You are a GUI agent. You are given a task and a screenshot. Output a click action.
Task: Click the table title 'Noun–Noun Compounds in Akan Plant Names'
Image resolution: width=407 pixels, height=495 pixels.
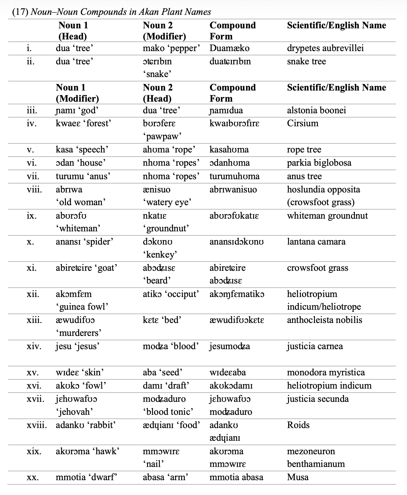click(x=121, y=12)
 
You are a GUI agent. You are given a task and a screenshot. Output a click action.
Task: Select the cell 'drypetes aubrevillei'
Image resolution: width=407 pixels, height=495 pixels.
click(x=325, y=48)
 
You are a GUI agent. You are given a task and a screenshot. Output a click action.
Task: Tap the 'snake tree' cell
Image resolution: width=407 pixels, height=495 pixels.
click(x=306, y=61)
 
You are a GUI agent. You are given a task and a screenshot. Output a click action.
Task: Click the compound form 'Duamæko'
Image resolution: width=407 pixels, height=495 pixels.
click(x=229, y=48)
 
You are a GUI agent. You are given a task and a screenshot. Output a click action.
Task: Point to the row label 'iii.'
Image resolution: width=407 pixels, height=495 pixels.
click(x=32, y=110)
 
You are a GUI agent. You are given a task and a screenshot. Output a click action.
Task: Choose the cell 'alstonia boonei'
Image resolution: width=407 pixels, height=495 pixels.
click(x=316, y=110)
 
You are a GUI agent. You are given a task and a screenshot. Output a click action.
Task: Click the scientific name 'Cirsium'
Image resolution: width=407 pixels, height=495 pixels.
click(x=303, y=123)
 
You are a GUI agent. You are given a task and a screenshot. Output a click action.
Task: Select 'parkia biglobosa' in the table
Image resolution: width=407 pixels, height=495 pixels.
click(x=319, y=163)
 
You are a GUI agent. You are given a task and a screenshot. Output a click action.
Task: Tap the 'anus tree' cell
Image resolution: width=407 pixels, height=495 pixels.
click(x=304, y=176)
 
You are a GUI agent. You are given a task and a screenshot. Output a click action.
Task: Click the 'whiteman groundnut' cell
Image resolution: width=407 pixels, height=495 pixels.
click(x=327, y=216)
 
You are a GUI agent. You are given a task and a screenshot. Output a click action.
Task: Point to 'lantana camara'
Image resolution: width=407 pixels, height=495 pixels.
click(x=316, y=242)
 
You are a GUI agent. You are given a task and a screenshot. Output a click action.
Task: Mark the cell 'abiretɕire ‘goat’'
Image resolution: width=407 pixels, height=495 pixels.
click(x=87, y=268)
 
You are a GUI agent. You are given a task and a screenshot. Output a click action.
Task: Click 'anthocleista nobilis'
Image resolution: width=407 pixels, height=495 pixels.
click(x=324, y=320)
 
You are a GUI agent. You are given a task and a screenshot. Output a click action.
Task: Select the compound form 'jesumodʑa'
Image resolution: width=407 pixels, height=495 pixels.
click(x=230, y=346)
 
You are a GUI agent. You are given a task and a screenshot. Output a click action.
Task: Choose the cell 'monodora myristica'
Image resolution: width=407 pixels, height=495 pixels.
click(x=326, y=372)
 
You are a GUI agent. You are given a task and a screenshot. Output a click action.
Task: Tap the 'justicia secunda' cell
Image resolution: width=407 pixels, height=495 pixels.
click(x=318, y=399)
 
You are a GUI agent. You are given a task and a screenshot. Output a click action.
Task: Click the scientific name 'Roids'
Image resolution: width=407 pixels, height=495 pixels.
click(x=298, y=425)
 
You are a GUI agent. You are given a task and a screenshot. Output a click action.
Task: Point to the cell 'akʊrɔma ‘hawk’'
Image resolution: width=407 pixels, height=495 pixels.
click(x=87, y=451)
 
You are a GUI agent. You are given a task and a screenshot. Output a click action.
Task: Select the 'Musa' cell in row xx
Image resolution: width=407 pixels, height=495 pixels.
click(x=298, y=477)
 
